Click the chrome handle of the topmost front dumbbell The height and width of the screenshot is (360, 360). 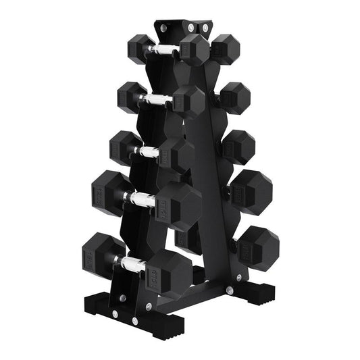coord(162,50)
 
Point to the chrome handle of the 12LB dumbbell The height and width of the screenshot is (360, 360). coord(142,199)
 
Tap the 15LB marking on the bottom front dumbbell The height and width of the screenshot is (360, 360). coord(156,267)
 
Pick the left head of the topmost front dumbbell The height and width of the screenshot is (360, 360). coord(140,46)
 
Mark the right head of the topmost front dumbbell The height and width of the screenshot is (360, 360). coord(195,50)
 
